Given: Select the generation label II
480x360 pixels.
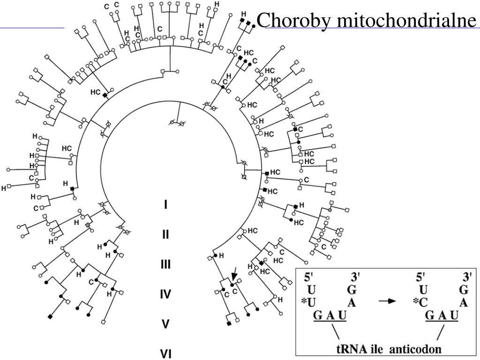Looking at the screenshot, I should pos(165,234).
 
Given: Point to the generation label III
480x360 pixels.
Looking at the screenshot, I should pos(165,264).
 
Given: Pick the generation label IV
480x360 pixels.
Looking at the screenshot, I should pos(165,294).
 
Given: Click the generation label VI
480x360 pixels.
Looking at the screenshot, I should pos(165,354).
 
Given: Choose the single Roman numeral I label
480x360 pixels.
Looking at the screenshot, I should pos(165,205).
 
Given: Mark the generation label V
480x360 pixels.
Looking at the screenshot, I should pos(165,324).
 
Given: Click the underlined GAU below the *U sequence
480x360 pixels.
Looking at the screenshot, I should pos(330,315).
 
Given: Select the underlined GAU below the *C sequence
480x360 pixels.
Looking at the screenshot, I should pos(441,315).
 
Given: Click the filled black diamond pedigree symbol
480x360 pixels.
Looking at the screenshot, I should pos(50,317).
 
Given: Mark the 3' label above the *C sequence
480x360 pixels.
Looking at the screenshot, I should pos(466,277).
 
